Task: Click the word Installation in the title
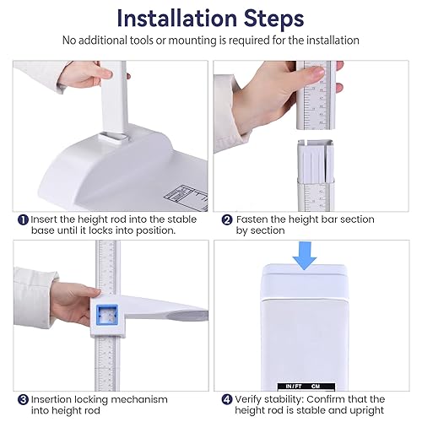point(177,19)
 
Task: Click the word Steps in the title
point(273,19)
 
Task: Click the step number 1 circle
point(23,219)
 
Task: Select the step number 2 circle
point(227,219)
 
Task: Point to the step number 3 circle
point(23,400)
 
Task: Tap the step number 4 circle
point(227,400)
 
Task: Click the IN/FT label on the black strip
point(294,387)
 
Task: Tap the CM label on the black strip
point(316,387)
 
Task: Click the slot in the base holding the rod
point(114,138)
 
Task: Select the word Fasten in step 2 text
point(251,219)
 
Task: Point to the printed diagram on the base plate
point(186,197)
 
